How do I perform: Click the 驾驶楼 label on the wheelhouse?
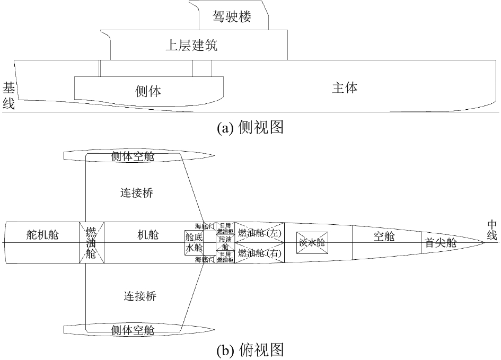coord(232,17)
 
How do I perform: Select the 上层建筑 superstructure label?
coord(191,46)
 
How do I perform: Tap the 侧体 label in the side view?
coord(148,91)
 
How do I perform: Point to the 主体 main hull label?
coord(345,87)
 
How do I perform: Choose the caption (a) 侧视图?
coord(250,128)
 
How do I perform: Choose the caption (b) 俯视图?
coord(250,349)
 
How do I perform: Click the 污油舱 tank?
coord(225,243)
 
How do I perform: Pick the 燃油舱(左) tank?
coord(259,233)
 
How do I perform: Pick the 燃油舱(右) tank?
coord(259,252)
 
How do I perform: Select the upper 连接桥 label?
coord(137,193)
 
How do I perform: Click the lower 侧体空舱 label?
coord(133,330)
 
